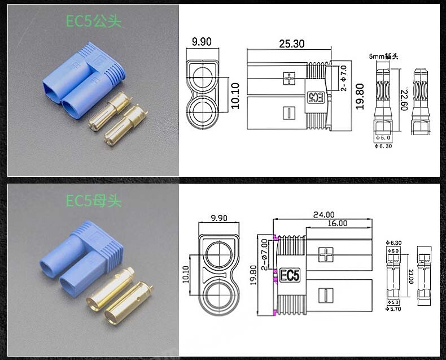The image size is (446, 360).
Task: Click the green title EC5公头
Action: coord(94,21)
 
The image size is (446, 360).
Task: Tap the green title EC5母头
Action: coord(94,201)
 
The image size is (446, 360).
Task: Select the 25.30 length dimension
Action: coord(291,44)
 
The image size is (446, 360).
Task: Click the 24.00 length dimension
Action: coord(324,214)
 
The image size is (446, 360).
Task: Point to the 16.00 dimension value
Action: coord(337,224)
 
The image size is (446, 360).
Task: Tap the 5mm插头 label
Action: coord(383,57)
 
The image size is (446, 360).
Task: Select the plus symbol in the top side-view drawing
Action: coord(289,78)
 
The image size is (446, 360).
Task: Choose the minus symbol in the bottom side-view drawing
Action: coord(325,295)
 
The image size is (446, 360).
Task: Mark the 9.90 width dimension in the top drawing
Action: coord(202,41)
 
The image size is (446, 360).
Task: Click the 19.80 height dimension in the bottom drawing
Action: coord(252,275)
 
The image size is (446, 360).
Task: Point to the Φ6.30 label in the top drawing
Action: coord(384,146)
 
